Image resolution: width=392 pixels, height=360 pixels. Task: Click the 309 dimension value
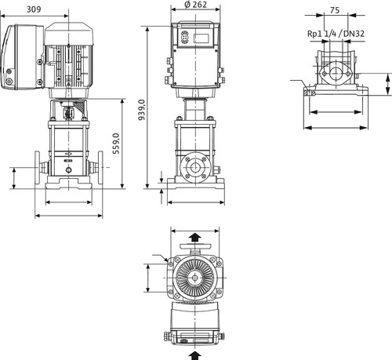click(34, 9)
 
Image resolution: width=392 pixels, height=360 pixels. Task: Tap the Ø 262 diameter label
click(196, 5)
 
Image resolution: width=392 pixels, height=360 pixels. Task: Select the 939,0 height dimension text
click(141, 110)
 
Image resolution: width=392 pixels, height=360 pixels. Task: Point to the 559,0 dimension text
click(116, 144)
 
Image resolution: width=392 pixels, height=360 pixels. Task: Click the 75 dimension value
click(335, 10)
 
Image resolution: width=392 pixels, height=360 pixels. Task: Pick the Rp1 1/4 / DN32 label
click(336, 34)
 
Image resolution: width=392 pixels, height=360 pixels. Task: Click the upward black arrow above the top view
click(195, 238)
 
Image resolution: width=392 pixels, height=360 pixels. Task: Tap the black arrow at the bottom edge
click(195, 355)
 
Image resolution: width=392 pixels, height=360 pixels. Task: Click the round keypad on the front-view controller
click(184, 38)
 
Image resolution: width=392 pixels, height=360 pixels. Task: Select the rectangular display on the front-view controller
click(201, 38)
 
